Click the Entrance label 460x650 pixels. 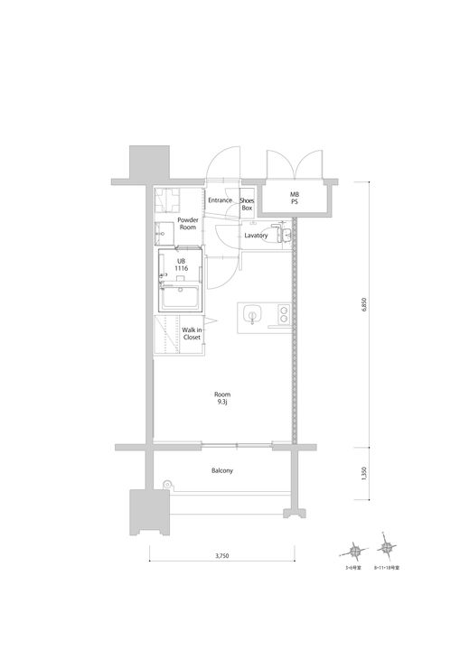click(221, 200)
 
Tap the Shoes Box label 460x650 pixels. click(246, 203)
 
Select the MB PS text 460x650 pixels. click(294, 199)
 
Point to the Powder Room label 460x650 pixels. click(187, 223)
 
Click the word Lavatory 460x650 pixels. click(257, 236)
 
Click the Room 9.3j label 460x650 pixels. click(221, 397)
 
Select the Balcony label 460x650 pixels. click(222, 470)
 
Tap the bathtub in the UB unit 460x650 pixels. click(182, 297)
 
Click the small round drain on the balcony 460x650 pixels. click(166, 486)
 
